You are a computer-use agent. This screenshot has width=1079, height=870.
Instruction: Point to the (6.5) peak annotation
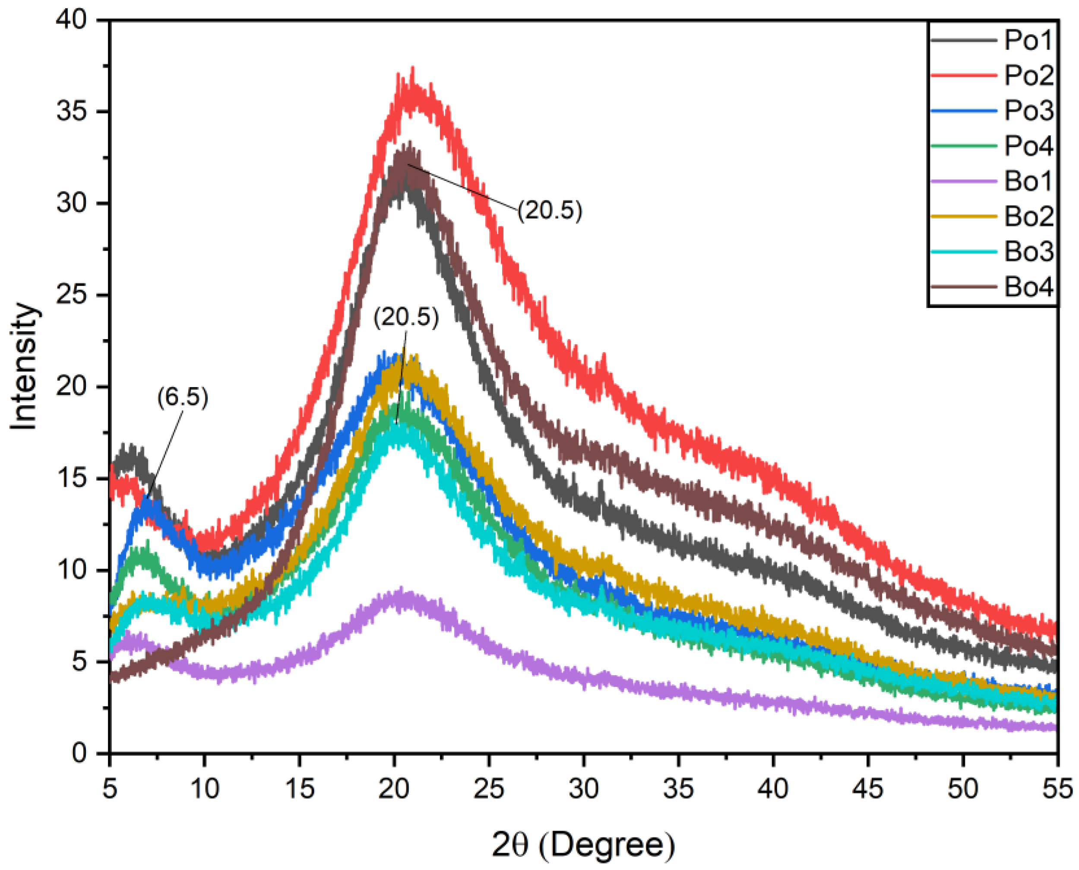click(182, 397)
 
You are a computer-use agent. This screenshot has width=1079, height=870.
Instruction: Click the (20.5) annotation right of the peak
click(550, 210)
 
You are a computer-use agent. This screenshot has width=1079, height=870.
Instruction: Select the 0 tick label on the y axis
click(80, 753)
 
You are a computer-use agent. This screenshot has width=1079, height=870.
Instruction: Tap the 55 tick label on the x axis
click(1057, 788)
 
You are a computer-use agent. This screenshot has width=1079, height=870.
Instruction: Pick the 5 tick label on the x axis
click(110, 788)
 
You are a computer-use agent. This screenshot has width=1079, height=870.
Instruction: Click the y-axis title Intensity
click(24, 366)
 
